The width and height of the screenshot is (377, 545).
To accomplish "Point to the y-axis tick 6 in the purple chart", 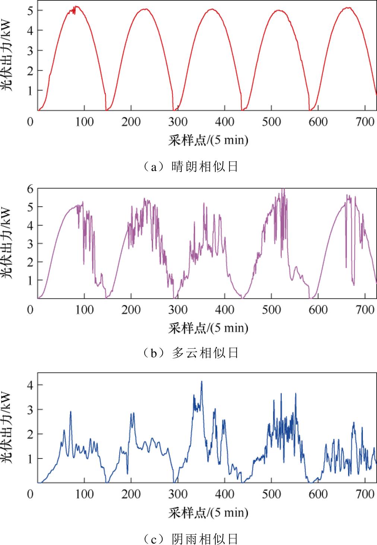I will [31, 189].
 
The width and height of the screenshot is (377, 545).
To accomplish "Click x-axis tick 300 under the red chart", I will [178, 122].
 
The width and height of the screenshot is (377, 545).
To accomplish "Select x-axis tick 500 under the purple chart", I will [271, 310].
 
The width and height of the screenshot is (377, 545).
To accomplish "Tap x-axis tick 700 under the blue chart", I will [365, 495].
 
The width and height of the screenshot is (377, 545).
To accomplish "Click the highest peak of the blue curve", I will [202, 381].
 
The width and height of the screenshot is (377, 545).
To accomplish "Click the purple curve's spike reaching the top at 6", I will [283, 189].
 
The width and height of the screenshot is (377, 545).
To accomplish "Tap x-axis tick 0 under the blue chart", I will [31, 495].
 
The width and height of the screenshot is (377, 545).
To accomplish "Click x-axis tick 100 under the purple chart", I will [85, 310].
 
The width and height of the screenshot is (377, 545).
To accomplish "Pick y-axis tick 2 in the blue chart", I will [31, 434].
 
